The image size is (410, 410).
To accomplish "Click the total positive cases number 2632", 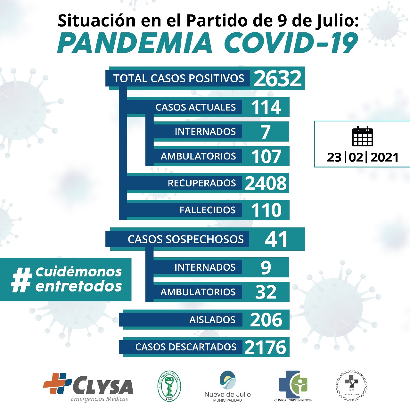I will [278, 78].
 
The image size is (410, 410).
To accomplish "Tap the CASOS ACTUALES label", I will [195, 107].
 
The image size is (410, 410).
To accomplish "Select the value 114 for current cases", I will [266, 107].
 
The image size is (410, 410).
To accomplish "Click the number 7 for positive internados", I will [266, 132].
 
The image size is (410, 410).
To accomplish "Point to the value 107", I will [266, 156].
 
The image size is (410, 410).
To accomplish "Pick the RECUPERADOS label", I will [201, 183].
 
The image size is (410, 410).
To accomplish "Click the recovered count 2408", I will [266, 183].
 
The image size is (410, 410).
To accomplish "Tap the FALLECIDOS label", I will [207, 210].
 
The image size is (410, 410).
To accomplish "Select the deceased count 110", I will [266, 210].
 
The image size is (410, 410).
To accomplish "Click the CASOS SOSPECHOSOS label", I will [185, 239].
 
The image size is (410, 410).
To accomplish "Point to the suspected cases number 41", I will [276, 239].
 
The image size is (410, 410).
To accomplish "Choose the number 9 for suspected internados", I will [266, 267].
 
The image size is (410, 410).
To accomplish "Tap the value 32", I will [266, 292].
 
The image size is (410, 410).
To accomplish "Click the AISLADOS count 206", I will [266, 320].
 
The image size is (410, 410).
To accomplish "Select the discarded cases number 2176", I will [265, 347].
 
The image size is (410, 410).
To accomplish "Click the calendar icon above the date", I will [362, 136].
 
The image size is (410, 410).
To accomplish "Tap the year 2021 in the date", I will [384, 158].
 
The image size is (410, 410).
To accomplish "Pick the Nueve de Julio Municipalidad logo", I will [227, 386].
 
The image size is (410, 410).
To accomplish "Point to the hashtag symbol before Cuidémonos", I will [21, 280].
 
